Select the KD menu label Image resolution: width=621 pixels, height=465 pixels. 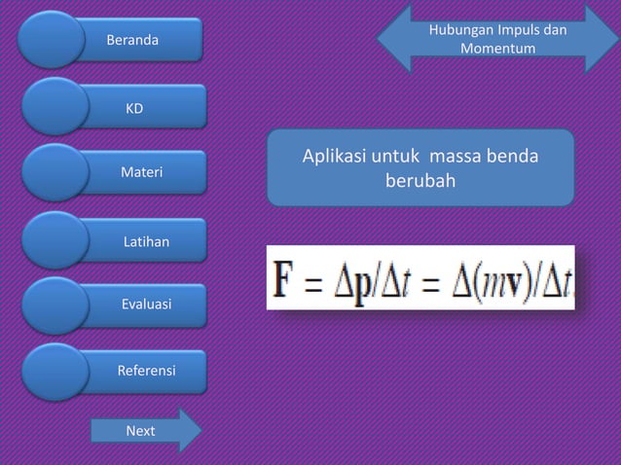tap(132, 107)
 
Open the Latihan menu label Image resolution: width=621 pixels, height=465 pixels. tap(145, 239)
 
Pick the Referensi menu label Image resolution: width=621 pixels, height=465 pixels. tap(146, 372)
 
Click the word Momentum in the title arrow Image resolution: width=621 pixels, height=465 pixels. tap(497, 47)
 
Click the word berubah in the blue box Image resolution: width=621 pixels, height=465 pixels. tap(420, 181)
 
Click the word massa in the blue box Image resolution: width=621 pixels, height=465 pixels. tap(459, 157)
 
